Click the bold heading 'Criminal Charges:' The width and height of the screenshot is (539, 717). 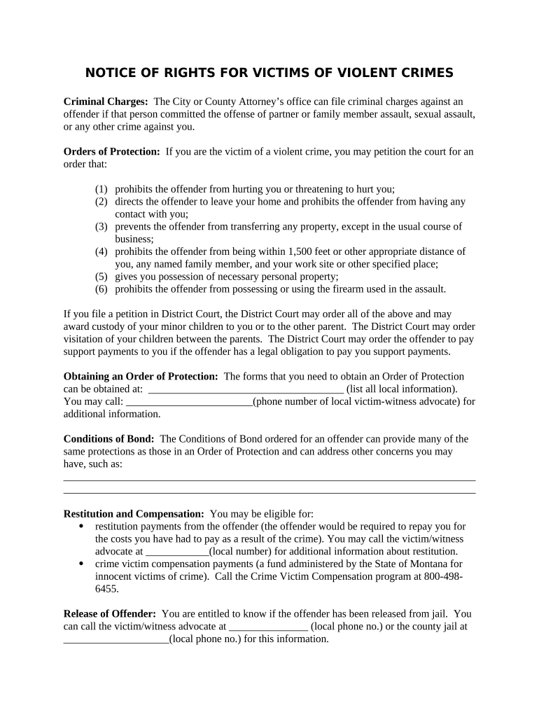106,102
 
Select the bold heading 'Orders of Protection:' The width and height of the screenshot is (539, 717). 112,152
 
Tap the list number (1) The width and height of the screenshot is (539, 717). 102,189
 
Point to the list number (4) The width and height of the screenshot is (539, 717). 102,251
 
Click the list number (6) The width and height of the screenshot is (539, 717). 102,289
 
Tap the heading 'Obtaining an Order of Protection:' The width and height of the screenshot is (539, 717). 141,377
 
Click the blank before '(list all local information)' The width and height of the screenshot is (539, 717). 246,389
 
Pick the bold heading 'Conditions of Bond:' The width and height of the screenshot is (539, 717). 109,439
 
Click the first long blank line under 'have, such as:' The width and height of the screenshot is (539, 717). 269,480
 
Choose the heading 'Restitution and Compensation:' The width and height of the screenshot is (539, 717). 134,514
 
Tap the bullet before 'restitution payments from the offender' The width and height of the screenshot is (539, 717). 82,527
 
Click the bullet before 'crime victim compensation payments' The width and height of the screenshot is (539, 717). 82,564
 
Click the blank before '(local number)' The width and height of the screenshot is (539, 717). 177,552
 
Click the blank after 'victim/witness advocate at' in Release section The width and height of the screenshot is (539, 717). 269,627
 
